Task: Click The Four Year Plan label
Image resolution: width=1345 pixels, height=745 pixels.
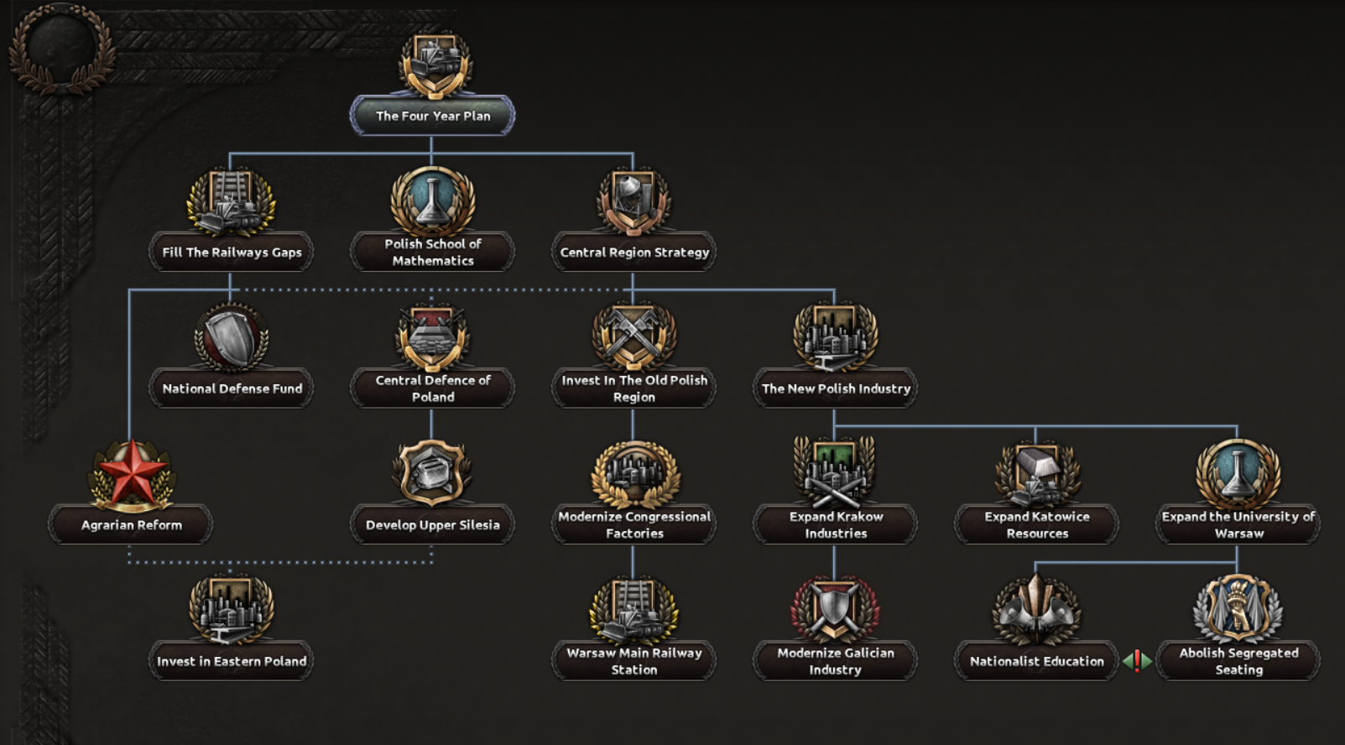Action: [x=432, y=116]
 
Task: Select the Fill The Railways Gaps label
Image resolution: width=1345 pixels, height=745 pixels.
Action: [x=232, y=252]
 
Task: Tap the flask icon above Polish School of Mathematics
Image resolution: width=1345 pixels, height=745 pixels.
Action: [x=433, y=201]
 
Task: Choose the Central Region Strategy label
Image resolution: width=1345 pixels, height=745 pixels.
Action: [x=634, y=252]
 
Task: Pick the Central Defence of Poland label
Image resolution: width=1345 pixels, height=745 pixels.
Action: [x=433, y=388]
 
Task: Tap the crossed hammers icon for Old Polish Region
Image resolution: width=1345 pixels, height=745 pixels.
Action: [x=634, y=336]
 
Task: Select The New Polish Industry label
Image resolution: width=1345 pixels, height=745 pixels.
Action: [x=836, y=388]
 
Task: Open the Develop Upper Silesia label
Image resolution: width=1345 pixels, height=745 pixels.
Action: [x=433, y=525]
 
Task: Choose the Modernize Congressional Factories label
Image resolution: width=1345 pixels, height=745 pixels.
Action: [x=634, y=525]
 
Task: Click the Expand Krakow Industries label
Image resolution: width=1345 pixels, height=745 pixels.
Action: [x=836, y=525]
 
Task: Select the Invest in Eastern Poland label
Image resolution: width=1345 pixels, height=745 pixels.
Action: [x=232, y=661]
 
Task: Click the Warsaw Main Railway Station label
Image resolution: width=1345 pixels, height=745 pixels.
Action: [x=634, y=661]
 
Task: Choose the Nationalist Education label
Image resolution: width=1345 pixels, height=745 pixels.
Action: [x=1037, y=661]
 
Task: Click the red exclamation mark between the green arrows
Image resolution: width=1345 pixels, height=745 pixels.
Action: [x=1137, y=661]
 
